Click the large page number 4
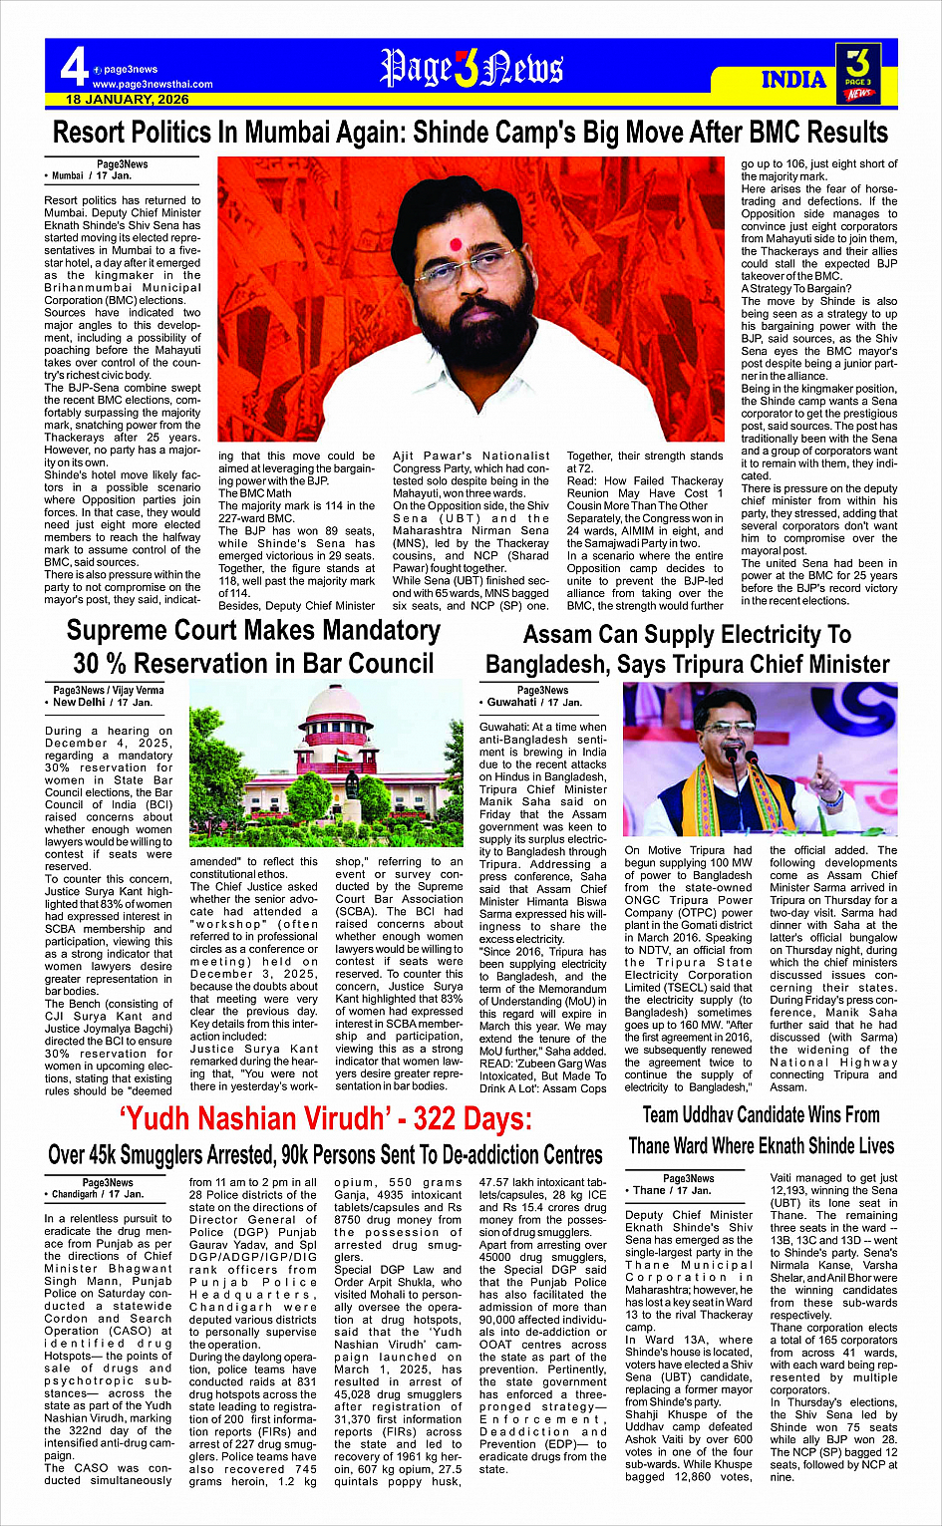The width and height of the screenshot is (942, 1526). [74, 69]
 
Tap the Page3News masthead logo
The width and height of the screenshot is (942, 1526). [471, 68]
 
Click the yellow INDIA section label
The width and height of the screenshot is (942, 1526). [793, 80]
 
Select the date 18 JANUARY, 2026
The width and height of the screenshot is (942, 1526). [128, 100]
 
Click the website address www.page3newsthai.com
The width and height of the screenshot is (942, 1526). [153, 84]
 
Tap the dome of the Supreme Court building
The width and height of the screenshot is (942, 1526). [335, 706]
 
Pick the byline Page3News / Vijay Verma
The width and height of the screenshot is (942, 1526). [109, 690]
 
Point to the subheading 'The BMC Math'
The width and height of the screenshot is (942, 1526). [255, 493]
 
